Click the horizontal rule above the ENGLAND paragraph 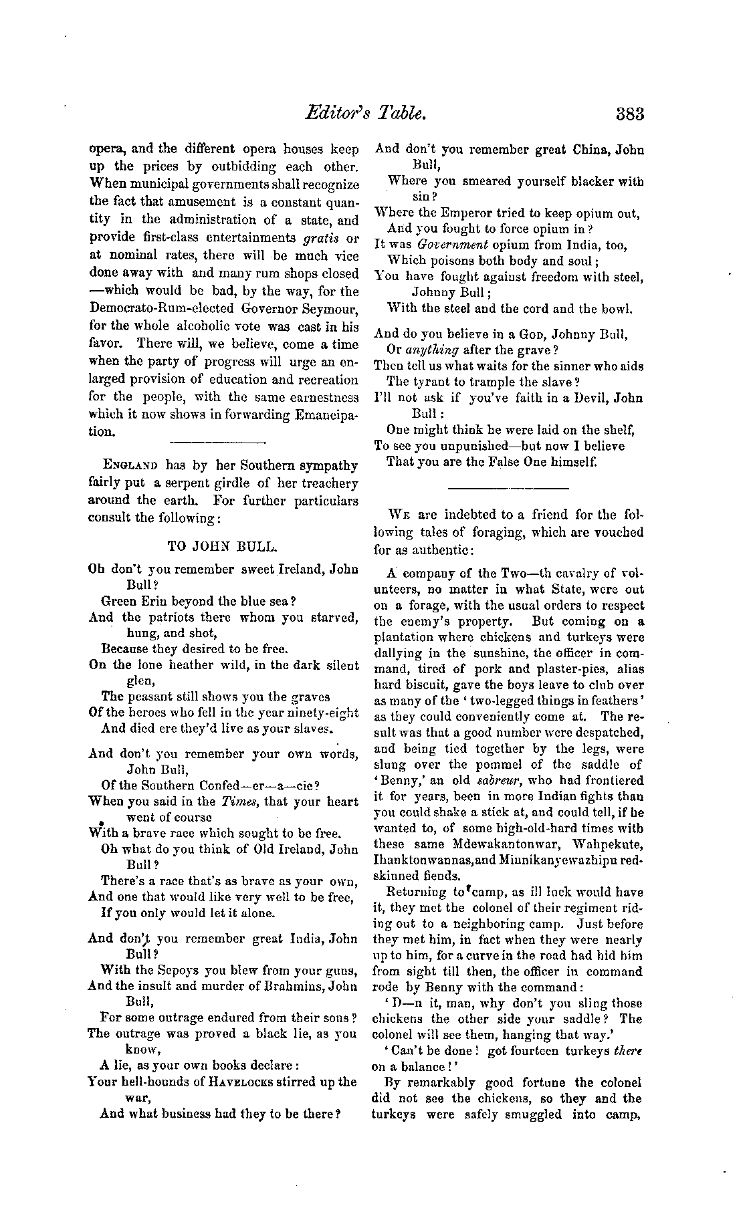coord(218,442)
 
